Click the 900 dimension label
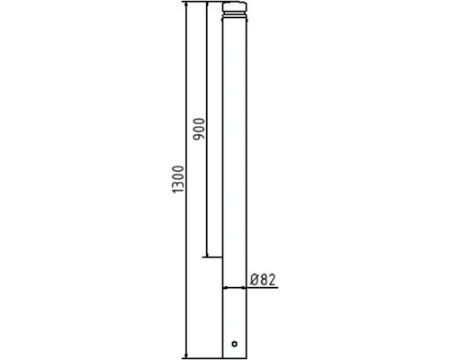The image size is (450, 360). tap(199, 131)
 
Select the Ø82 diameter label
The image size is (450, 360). tap(263, 280)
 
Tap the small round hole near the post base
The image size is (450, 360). tap(234, 343)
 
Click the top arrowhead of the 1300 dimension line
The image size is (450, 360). tap(186, 7)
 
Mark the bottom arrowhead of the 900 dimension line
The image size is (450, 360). tap(208, 256)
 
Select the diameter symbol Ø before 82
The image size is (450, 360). tap(255, 280)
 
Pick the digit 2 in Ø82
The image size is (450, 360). tap(272, 280)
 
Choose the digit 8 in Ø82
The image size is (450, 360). tap(264, 280)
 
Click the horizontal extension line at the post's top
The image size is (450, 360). tap(202, 3)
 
